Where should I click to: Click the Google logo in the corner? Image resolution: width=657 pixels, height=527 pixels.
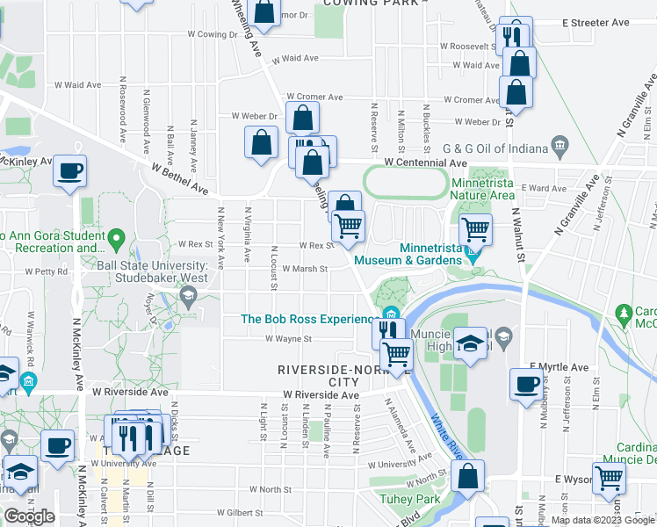(x=29, y=516)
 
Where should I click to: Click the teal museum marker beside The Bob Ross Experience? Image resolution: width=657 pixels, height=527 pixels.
(x=389, y=316)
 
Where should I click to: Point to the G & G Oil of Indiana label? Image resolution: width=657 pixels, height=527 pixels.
(x=493, y=146)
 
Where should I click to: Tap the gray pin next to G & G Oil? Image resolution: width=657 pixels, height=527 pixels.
(x=559, y=145)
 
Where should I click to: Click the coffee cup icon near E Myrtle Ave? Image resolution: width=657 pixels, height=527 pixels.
(x=527, y=385)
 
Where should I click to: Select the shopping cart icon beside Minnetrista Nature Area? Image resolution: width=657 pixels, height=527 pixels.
(x=475, y=230)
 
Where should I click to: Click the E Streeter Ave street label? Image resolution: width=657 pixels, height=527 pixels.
(x=598, y=22)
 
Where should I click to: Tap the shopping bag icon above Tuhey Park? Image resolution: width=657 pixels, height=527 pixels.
(x=468, y=477)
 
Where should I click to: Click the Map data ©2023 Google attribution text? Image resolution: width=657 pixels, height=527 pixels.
(x=602, y=520)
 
